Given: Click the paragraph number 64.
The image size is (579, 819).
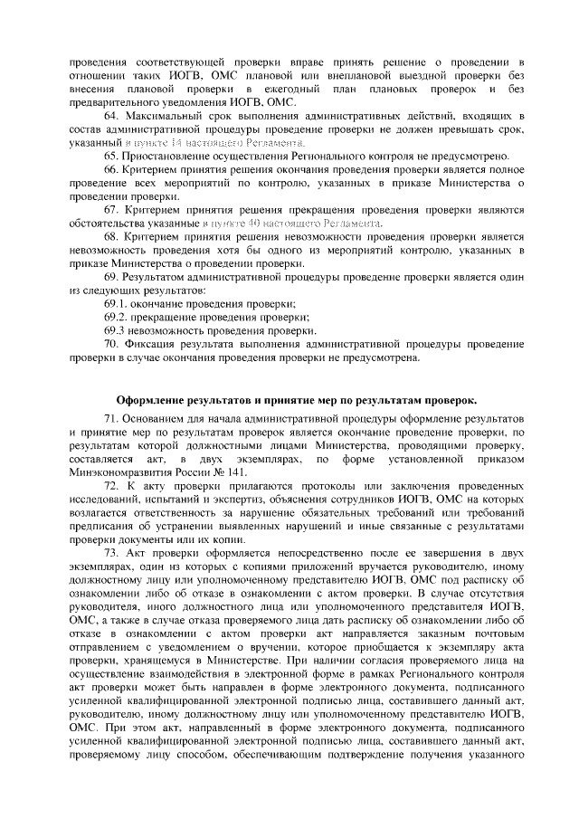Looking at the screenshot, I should [x=111, y=118].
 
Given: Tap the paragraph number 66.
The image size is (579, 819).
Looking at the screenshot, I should [x=111, y=170].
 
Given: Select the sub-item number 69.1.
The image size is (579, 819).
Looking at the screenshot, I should [x=117, y=304].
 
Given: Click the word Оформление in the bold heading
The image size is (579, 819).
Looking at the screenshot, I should [x=156, y=400].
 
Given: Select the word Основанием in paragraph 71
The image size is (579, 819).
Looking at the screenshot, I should [x=161, y=421].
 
